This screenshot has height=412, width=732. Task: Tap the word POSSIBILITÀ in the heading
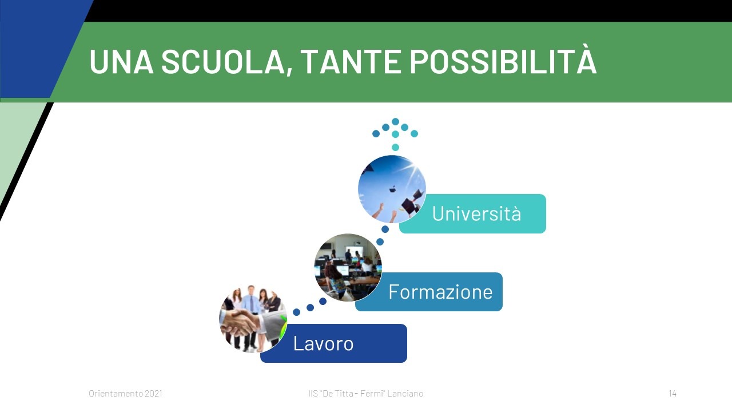pos(503,61)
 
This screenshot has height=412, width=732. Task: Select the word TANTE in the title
pos(351,62)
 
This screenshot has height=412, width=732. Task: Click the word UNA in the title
pos(121,62)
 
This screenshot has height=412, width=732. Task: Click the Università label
pos(476,213)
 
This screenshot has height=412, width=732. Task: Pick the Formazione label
pos(440,292)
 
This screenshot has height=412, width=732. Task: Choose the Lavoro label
pos(323,343)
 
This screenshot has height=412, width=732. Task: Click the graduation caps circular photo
pos(392,189)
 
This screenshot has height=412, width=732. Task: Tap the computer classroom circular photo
pos(348,267)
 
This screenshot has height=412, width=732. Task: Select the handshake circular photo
pos(253,319)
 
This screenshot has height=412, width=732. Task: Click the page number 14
pos(672,393)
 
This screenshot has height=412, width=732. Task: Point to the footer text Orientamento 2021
pos(125,393)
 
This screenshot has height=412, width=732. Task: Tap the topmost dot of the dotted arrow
pos(395,122)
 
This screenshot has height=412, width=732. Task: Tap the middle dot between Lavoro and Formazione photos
pos(310,307)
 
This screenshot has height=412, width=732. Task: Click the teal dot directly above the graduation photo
pos(395,147)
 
